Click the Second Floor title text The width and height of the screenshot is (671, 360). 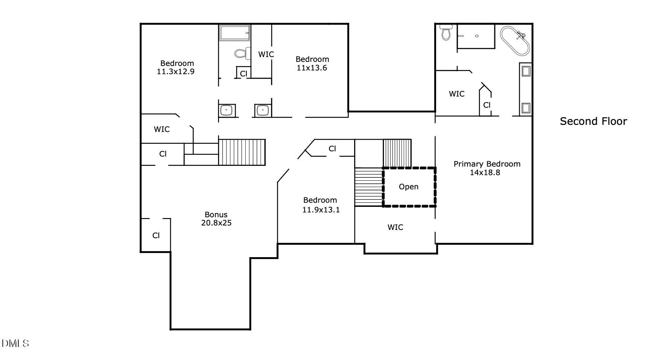(593, 121)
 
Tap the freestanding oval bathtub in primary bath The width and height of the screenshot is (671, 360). (515, 41)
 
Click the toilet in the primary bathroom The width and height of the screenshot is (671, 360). (446, 32)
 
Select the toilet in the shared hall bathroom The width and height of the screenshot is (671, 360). (243, 53)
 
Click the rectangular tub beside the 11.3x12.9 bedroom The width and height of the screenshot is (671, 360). (234, 33)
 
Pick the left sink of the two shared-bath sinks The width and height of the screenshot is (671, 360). (227, 110)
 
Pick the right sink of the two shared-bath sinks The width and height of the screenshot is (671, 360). (263, 111)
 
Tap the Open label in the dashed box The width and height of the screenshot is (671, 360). (409, 187)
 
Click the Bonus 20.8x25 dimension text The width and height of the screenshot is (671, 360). (216, 223)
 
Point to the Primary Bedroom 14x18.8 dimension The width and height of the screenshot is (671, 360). (485, 173)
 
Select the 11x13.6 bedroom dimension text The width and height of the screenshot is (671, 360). (312, 68)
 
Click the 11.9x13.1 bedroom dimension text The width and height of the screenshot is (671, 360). (321, 210)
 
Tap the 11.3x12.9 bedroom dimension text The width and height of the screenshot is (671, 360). (176, 72)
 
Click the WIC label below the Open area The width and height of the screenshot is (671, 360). (395, 227)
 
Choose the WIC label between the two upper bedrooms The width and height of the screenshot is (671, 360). (266, 54)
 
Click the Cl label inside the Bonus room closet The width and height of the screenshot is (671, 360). (156, 236)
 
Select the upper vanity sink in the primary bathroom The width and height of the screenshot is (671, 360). (526, 71)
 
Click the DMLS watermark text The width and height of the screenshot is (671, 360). (15, 343)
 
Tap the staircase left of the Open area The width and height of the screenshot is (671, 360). (368, 187)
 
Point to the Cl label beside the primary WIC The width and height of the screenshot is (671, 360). (487, 105)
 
